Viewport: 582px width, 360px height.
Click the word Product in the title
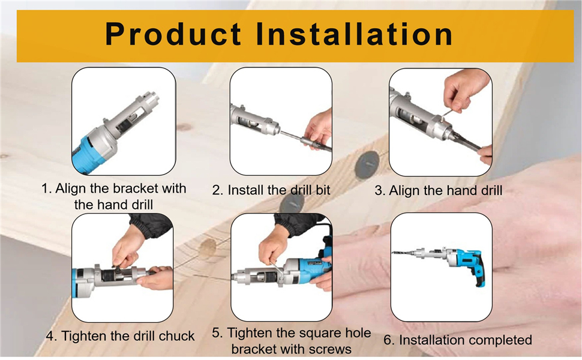point(173,34)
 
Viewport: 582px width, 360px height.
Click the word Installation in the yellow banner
point(355,34)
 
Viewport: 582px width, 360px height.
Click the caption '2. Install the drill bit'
point(271,190)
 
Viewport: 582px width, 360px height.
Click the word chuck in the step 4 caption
point(176,336)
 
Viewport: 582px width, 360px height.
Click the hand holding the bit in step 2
point(318,129)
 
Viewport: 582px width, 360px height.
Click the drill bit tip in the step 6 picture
point(394,253)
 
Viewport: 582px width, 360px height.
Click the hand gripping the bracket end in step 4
point(156,278)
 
